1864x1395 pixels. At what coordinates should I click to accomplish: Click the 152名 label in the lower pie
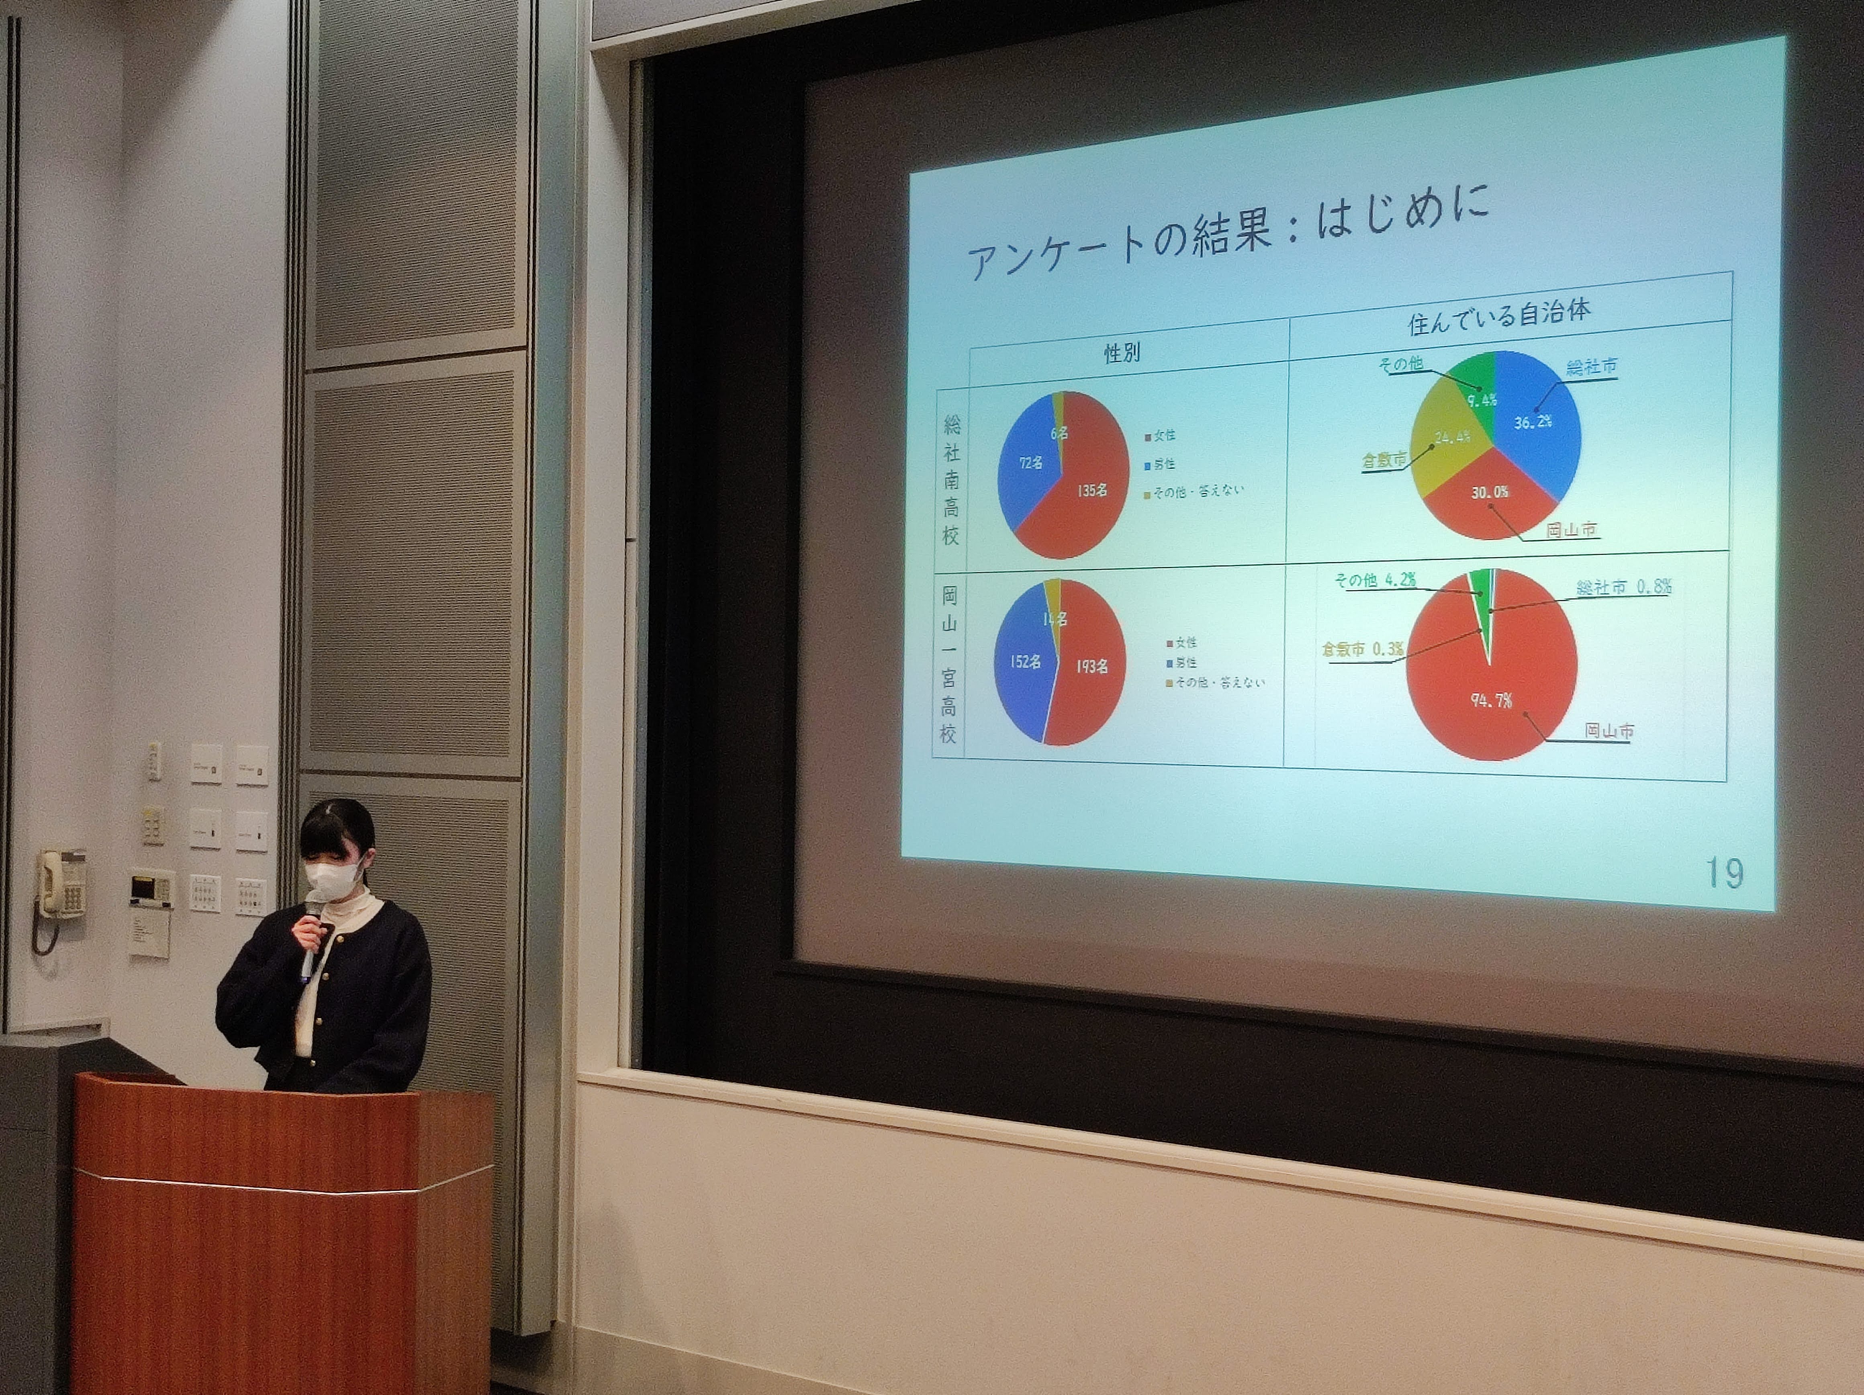click(1025, 662)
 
